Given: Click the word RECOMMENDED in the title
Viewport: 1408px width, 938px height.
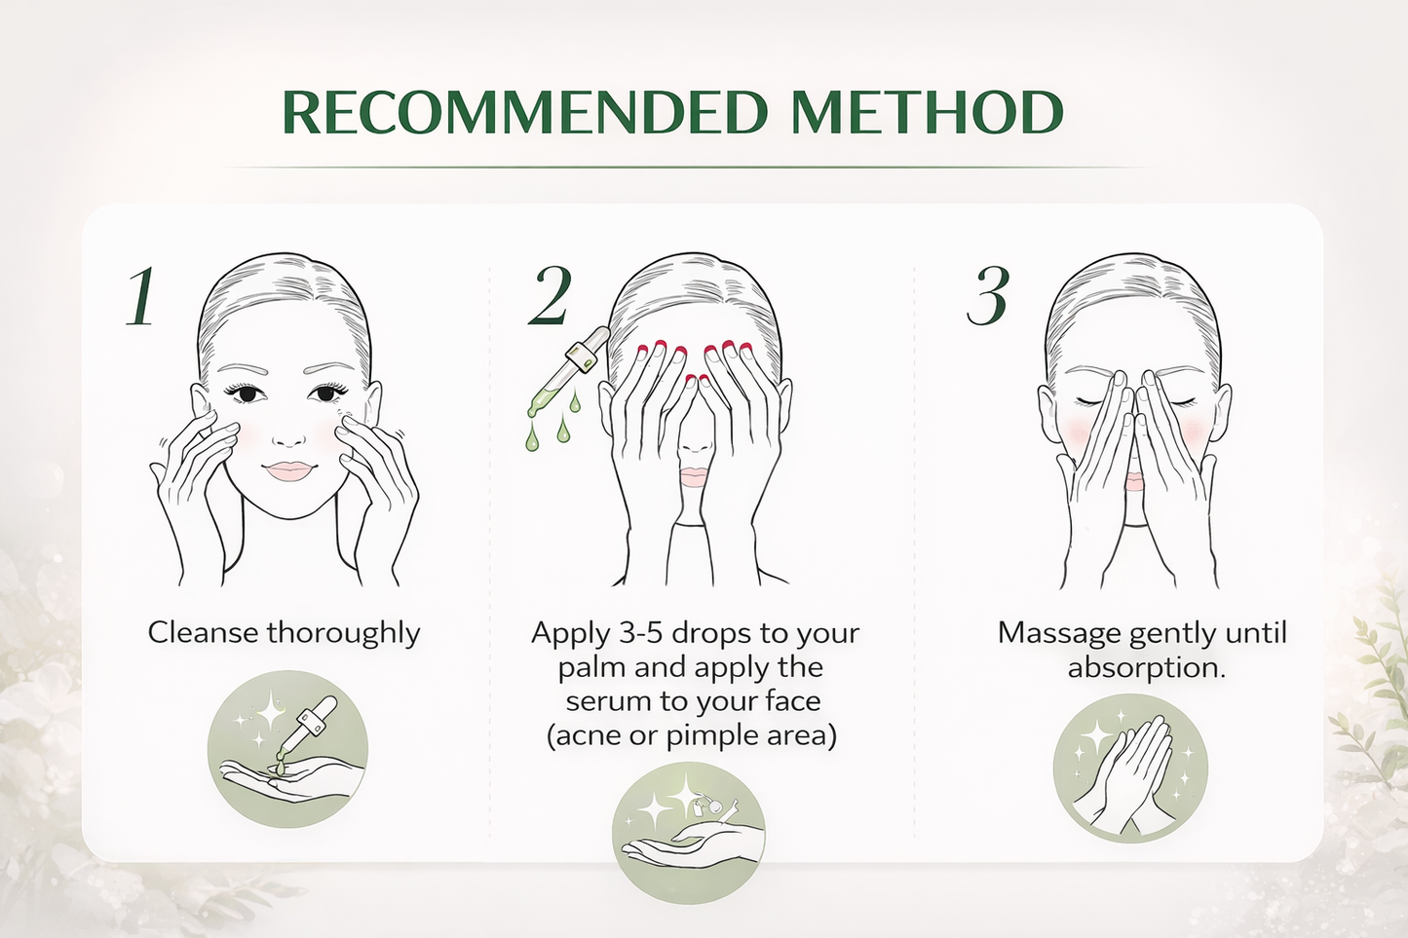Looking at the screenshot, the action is point(525,112).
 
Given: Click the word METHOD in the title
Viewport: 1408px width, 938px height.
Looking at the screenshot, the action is point(928,112).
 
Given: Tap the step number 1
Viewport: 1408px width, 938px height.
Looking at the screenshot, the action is point(141,295).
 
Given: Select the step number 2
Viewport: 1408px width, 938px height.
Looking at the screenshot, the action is point(550,295).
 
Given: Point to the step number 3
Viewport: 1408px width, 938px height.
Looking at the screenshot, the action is point(988,295).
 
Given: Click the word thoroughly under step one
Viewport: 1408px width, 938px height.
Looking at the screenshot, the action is point(343,633).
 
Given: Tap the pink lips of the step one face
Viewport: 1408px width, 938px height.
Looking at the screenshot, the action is point(288,471).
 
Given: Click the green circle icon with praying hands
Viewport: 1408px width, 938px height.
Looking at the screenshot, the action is point(1129,768).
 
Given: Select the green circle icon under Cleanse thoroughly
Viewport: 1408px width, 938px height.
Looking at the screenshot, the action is point(287,749).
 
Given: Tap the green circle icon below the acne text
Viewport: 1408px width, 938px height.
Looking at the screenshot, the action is point(688,833).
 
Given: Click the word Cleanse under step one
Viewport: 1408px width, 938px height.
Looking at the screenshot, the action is point(204,633).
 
